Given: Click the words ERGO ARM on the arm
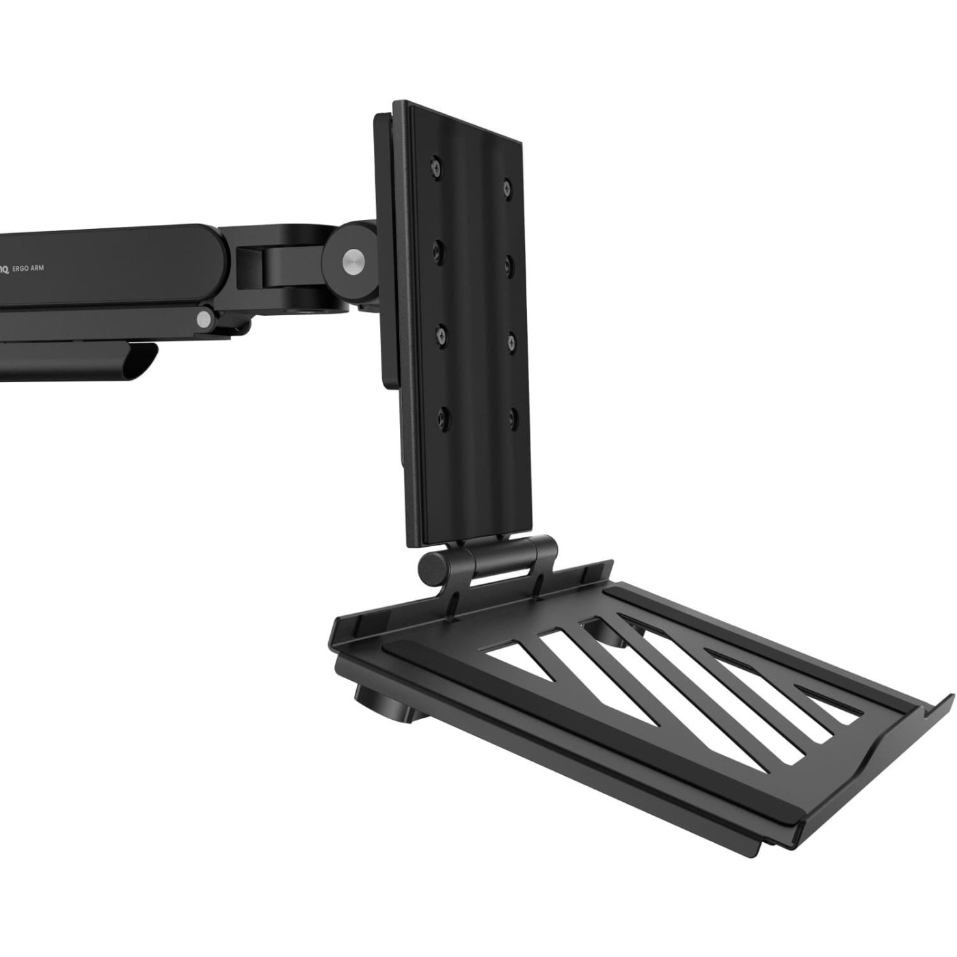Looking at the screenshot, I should pos(29,269).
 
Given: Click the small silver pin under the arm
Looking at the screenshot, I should pos(203,319).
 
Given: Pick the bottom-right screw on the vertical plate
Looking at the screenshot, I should pos(513,416).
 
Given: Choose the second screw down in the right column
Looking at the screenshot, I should pos(509,262).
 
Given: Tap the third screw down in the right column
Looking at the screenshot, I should pos(511,339).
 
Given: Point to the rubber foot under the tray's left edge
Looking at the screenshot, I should pos(378,705).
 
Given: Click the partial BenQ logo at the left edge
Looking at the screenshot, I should pos(3,269).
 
